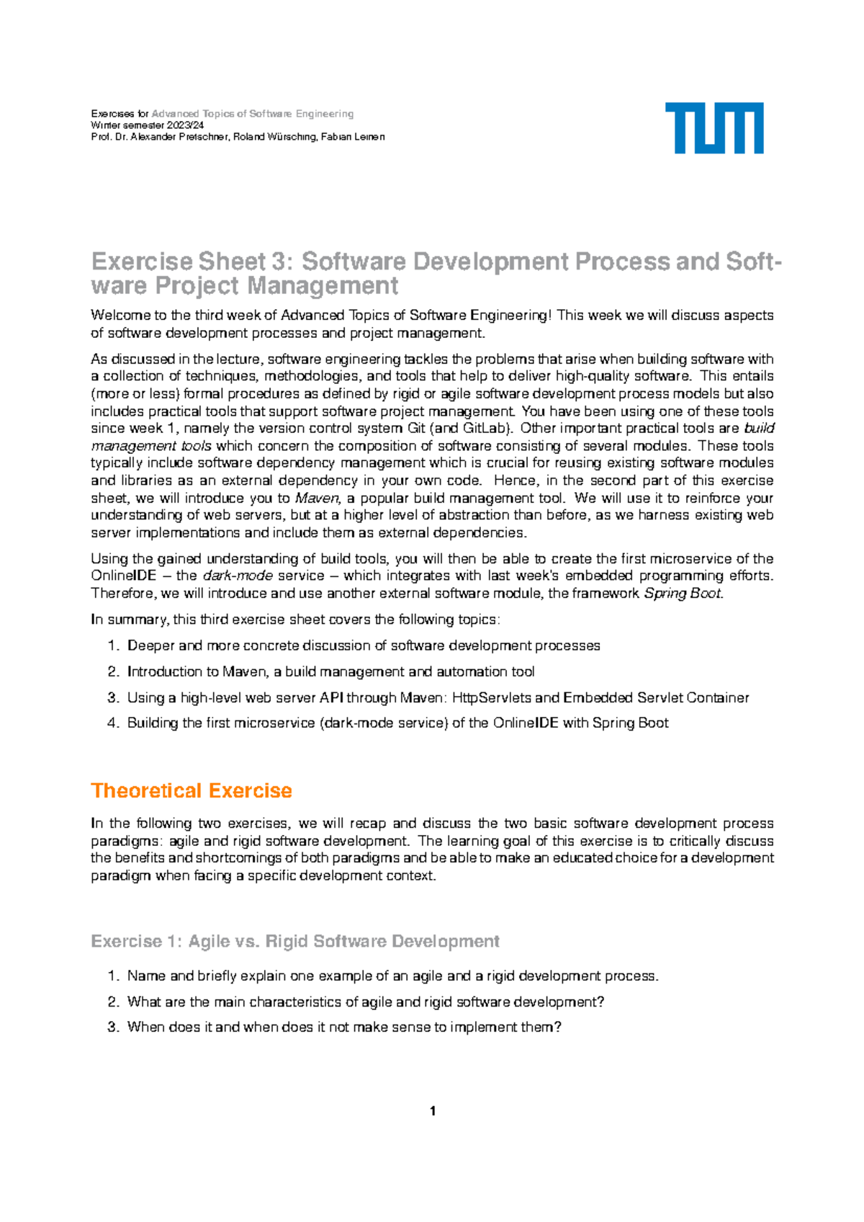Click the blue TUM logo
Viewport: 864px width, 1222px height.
click(x=714, y=128)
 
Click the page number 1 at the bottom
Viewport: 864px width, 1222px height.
click(x=432, y=1111)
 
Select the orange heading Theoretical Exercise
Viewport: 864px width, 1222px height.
click(x=191, y=790)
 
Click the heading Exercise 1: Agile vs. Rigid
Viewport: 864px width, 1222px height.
click(x=295, y=941)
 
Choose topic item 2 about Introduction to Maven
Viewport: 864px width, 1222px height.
click(x=330, y=672)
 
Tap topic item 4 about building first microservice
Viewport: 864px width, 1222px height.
click(x=397, y=723)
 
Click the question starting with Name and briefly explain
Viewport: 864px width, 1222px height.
click(x=392, y=976)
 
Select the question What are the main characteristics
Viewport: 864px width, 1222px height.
click(x=365, y=1002)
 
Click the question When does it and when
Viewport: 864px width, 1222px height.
click(x=343, y=1027)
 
